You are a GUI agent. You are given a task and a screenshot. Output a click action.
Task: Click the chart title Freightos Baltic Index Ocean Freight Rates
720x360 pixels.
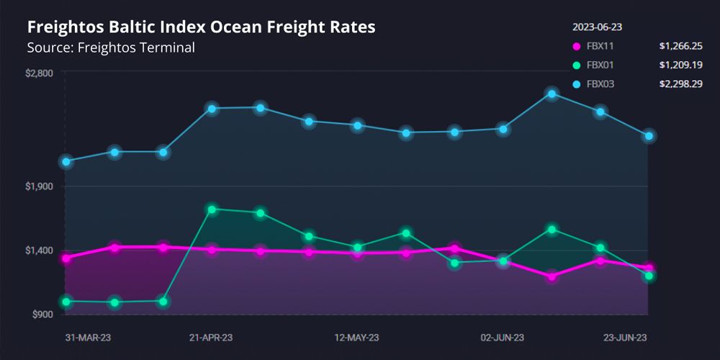tap(201, 27)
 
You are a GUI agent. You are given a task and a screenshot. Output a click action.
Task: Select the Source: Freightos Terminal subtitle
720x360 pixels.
tap(111, 48)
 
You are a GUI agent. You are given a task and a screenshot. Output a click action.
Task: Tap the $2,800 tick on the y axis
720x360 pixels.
tap(40, 73)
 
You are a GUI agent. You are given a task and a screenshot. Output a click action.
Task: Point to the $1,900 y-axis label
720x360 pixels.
tap(40, 186)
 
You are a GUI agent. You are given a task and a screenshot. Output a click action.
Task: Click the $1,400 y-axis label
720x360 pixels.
tap(40, 251)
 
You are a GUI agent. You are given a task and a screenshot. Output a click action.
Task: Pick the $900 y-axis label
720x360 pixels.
tap(42, 315)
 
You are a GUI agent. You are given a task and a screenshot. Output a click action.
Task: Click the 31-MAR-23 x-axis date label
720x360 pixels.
tap(88, 338)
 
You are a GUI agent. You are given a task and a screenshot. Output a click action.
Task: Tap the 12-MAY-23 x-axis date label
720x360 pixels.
tap(358, 338)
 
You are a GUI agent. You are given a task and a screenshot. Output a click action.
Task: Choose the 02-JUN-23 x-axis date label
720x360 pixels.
tap(503, 338)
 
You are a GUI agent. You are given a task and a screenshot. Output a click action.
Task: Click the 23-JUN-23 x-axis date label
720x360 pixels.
tap(624, 338)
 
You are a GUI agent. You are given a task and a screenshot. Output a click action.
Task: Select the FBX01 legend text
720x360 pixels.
tap(600, 66)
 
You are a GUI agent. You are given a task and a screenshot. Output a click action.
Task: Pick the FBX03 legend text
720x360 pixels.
tap(600, 84)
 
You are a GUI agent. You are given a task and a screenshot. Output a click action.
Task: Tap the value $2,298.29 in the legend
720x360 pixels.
tap(681, 84)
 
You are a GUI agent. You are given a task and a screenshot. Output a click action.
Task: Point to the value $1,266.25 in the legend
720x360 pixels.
tap(681, 47)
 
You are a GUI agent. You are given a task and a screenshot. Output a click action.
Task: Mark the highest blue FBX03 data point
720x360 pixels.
tap(552, 94)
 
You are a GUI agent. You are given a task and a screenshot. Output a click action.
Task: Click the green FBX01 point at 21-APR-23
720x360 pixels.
tap(212, 210)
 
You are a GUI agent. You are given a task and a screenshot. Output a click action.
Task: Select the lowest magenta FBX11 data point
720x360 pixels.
tap(552, 276)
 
